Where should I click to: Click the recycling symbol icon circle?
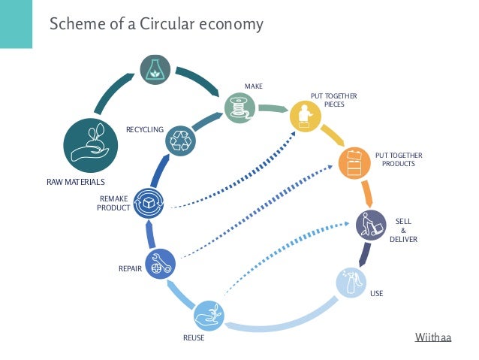[181, 141]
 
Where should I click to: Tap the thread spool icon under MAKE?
[239, 107]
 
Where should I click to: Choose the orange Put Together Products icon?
[354, 163]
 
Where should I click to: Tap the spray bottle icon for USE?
[350, 283]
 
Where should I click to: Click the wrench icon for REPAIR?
[160, 264]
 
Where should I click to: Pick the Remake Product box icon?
[149, 203]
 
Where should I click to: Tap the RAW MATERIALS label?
[75, 182]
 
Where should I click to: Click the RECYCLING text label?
[144, 130]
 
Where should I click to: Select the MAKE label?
[253, 86]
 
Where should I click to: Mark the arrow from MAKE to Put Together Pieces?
[273, 110]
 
